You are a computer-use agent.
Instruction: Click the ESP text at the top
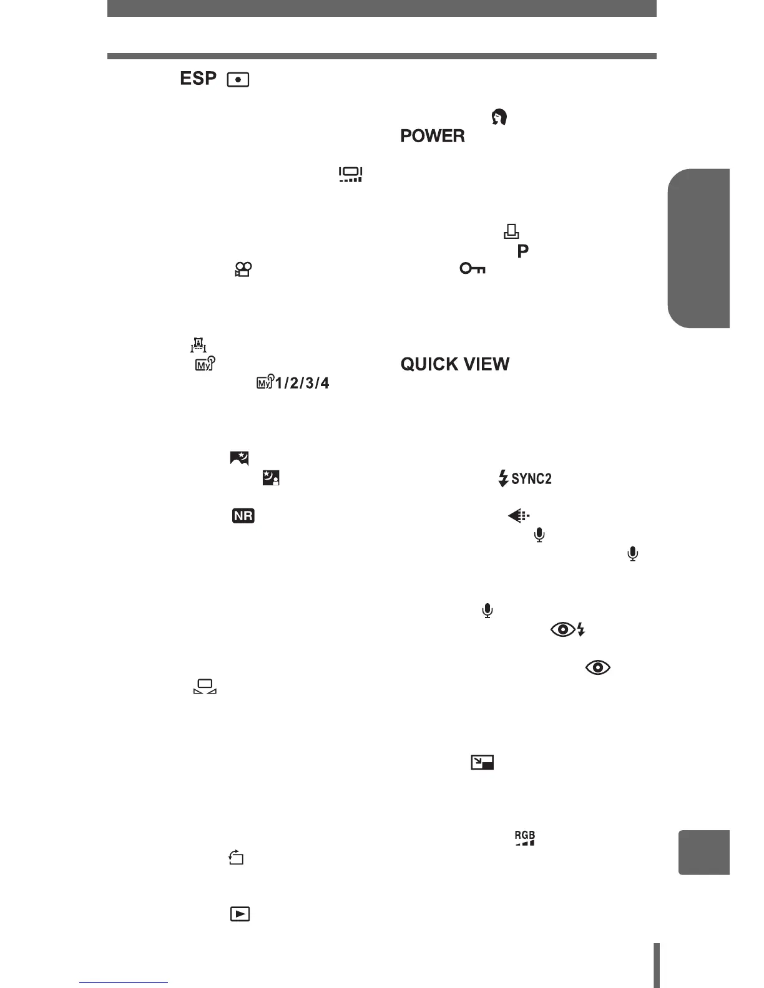(198, 79)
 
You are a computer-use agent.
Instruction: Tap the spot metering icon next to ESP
(238, 80)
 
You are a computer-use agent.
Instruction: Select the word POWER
(433, 136)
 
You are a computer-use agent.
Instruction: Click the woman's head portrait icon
(499, 117)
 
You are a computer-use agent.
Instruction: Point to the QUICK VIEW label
(455, 364)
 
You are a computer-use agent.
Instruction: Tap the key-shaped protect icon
(473, 269)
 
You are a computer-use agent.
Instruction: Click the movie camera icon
(243, 269)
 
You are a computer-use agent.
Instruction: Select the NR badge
(243, 516)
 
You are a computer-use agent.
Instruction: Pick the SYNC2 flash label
(525, 479)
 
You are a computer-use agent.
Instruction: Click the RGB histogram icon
(524, 838)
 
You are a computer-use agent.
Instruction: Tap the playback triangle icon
(240, 914)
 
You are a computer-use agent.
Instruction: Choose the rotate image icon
(236, 858)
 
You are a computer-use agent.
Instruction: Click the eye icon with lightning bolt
(567, 630)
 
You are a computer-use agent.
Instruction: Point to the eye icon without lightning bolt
(597, 667)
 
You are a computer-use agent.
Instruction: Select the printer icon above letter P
(511, 232)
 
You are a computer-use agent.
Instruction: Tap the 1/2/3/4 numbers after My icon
(302, 383)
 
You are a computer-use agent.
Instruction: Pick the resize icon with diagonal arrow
(482, 762)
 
